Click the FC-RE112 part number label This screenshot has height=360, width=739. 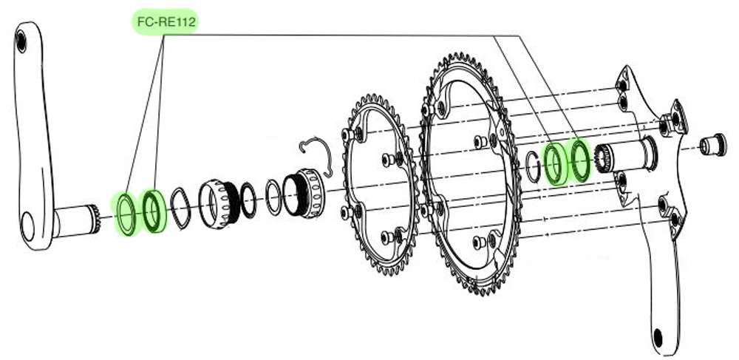165,23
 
